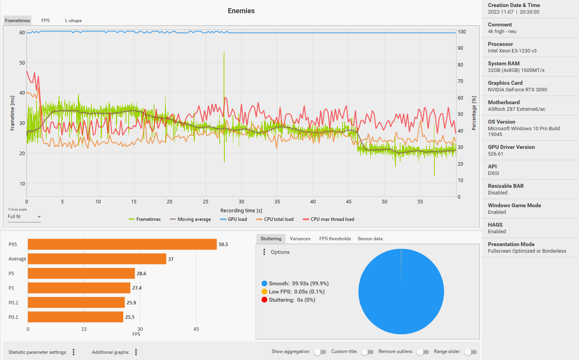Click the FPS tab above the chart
click(45, 21)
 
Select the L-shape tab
click(73, 21)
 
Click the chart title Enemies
click(241, 11)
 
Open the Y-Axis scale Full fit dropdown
click(24, 217)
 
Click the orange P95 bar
click(122, 244)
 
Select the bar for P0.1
click(75, 317)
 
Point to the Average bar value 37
click(171, 259)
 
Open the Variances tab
click(300, 239)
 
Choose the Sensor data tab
click(370, 239)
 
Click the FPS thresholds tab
click(335, 239)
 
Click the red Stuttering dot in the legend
click(264, 300)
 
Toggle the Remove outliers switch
click(422, 352)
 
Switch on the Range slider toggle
click(470, 352)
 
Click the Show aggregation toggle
click(320, 352)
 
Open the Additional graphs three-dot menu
click(136, 352)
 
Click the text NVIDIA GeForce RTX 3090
click(517, 90)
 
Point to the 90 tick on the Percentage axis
click(460, 48)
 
